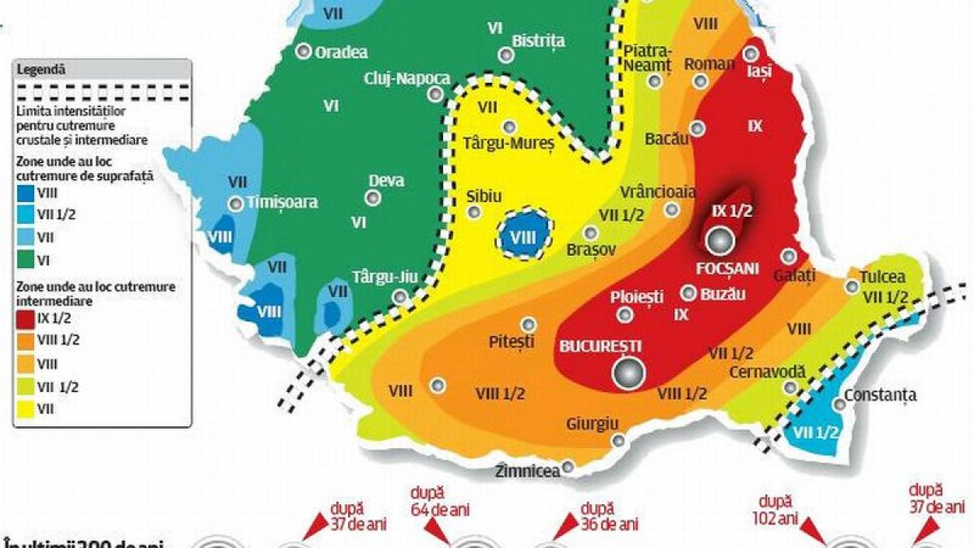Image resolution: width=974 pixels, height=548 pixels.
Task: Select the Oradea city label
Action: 341,52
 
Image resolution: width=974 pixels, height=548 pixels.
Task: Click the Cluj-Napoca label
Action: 407,78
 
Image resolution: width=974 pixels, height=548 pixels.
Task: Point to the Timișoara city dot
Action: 235,204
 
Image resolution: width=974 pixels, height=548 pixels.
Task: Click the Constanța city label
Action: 880,395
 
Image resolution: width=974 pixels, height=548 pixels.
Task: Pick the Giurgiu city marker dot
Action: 619,441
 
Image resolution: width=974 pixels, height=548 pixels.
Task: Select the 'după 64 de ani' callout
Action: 439,501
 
